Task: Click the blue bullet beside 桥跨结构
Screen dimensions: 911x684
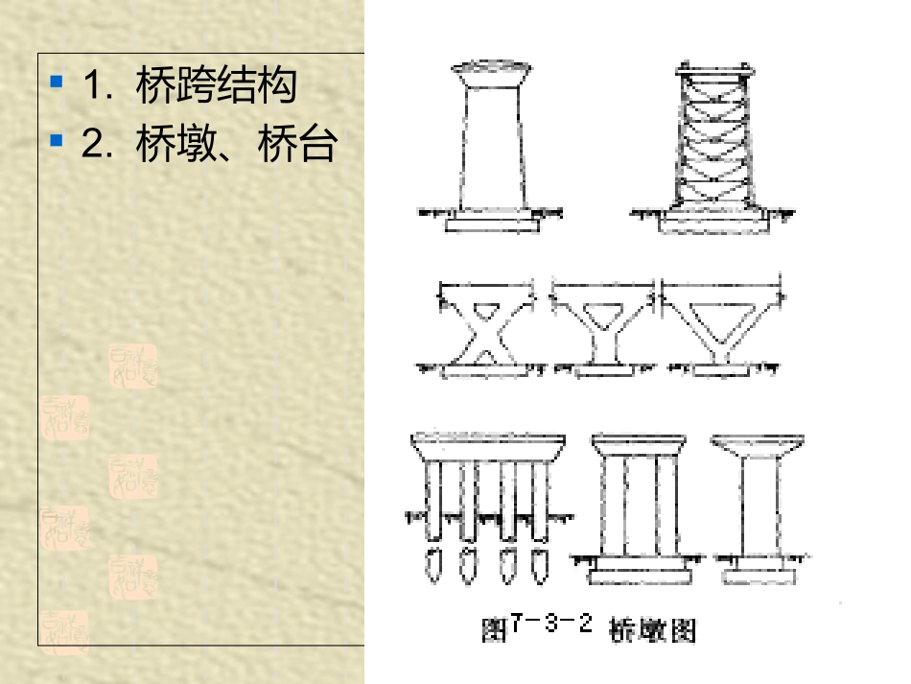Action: click(57, 82)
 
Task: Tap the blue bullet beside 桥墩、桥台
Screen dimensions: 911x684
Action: click(57, 142)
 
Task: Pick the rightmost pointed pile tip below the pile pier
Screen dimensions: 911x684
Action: click(540, 564)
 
